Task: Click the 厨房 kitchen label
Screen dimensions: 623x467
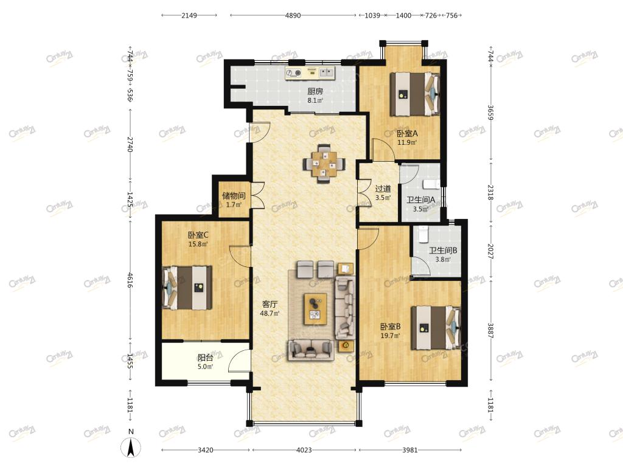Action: [315, 91]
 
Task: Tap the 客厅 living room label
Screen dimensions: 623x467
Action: [270, 304]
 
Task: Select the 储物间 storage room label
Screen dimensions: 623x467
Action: [234, 196]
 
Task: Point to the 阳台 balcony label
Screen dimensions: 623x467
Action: [206, 358]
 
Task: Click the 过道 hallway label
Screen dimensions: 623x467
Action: [383, 189]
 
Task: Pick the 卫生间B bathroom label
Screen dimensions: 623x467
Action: [443, 251]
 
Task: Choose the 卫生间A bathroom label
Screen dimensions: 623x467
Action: [420, 199]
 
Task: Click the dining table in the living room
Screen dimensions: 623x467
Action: [324, 163]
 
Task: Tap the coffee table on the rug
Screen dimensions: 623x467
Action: [316, 309]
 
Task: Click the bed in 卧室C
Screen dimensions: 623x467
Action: [187, 288]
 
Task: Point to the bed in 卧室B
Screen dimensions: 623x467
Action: [436, 327]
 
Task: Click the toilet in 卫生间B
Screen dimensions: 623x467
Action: [423, 234]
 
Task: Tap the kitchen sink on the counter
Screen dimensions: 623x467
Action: [327, 72]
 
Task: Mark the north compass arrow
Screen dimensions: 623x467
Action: [131, 447]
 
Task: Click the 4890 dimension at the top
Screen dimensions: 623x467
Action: [293, 15]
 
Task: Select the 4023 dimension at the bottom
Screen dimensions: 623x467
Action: [304, 450]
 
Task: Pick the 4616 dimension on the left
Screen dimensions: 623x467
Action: [130, 280]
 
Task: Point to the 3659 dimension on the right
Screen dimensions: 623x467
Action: [490, 112]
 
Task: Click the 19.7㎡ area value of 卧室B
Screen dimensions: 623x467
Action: [390, 336]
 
